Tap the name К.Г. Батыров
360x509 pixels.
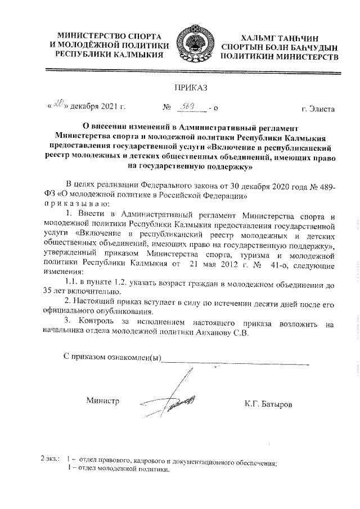coord(268,404)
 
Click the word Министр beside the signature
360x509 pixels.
coord(102,401)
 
